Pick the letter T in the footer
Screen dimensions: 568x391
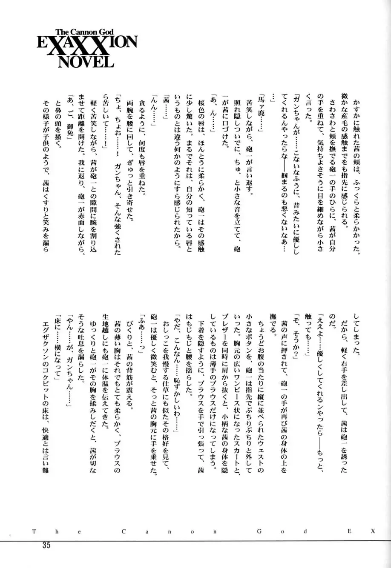[x=33, y=531]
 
